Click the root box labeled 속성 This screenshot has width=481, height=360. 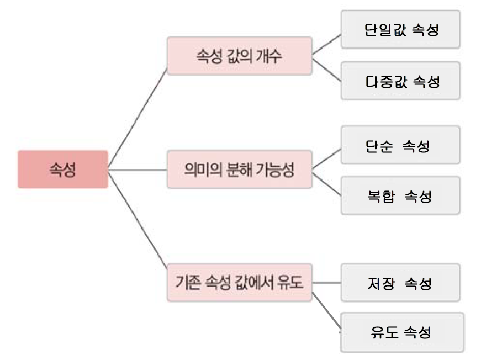coord(62,170)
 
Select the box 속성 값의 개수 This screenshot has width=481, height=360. coord(239,56)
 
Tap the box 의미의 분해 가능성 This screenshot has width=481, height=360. coord(239,169)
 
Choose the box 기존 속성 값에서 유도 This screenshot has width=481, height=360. coord(239,283)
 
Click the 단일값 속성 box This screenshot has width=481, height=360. coord(400,29)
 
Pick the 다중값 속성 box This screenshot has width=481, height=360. coord(400,82)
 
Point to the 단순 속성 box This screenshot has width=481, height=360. coord(400,145)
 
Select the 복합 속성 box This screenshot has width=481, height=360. coord(400,195)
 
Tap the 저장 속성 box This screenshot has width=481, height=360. coord(400,283)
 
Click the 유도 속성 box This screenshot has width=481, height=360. coord(402,332)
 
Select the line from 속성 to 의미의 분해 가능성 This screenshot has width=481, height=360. coord(138,170)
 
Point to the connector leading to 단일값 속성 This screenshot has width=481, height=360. coord(326,43)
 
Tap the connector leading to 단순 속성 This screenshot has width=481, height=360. coord(326,157)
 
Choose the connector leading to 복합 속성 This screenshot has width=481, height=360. coord(326,182)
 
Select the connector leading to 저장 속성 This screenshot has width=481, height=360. coord(326,283)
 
